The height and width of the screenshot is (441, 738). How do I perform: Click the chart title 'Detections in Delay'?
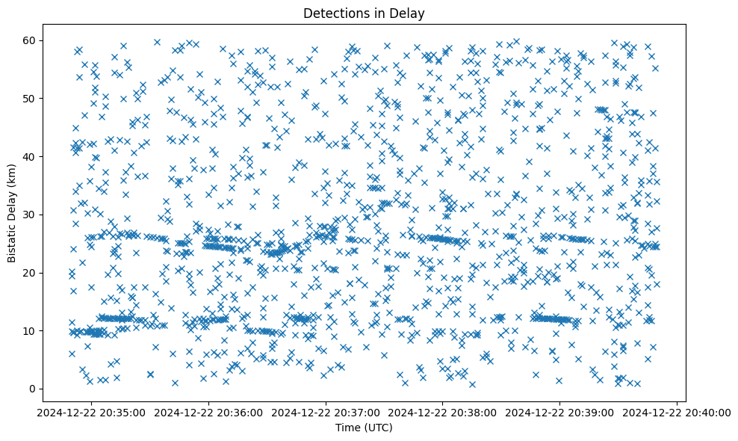click(x=363, y=13)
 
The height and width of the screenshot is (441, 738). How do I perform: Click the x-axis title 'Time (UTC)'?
click(x=363, y=428)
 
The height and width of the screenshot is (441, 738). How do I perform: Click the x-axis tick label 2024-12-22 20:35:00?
click(x=92, y=412)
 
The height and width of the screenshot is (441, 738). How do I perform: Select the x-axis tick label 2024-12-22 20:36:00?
click(x=209, y=412)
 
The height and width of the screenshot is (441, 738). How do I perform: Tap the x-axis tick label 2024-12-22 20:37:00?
click(x=326, y=412)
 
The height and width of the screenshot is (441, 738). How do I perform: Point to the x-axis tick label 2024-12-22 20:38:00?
click(x=444, y=412)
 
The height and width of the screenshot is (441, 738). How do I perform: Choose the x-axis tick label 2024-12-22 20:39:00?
click(x=560, y=412)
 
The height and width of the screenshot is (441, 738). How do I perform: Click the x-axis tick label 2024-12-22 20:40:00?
click(x=677, y=412)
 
